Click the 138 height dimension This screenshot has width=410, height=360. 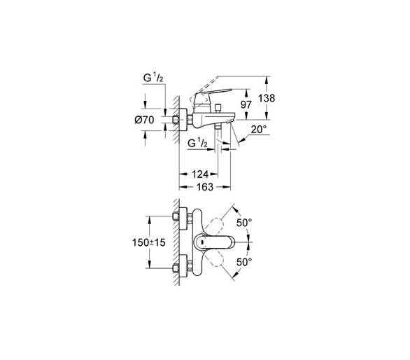pos(267,99)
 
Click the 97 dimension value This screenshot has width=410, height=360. pos(246,105)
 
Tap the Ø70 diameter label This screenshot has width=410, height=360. pos(144,120)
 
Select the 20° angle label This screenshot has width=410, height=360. pos(259,130)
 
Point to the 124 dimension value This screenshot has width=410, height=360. pos(200,174)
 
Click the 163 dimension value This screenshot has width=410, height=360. pos(205,187)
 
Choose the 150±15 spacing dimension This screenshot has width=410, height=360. pos(149,242)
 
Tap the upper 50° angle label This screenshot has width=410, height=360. pos(244,223)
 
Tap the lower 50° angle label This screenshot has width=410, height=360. pos(244,261)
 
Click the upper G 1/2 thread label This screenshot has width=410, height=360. pos(153,78)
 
